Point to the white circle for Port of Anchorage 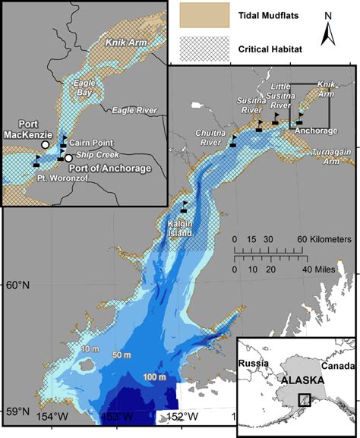pos(69,158)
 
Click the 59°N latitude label pos(17,411)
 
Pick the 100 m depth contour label pos(153,378)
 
